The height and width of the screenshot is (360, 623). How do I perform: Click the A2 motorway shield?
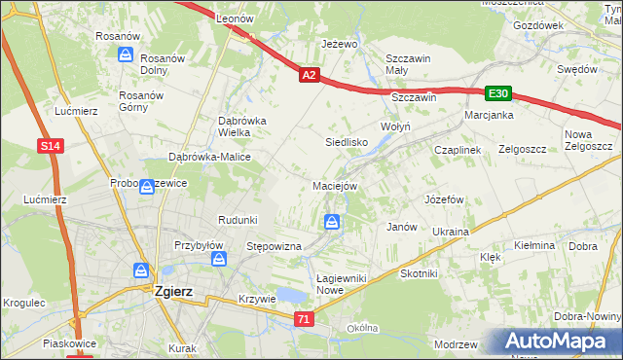coord(309,74)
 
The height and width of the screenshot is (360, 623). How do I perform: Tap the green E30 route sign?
coord(498,93)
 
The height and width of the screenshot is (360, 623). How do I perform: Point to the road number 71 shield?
coord(306,318)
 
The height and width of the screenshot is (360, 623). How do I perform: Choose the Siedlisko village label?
coord(345,141)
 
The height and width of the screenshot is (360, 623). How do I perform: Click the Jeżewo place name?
coord(340,45)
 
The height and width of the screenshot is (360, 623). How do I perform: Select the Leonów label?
coord(235,18)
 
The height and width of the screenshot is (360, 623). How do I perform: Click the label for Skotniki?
coord(420,273)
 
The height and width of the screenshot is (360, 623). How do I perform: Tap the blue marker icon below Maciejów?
coord(333,224)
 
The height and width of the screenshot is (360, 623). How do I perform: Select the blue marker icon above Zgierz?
coord(141,270)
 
